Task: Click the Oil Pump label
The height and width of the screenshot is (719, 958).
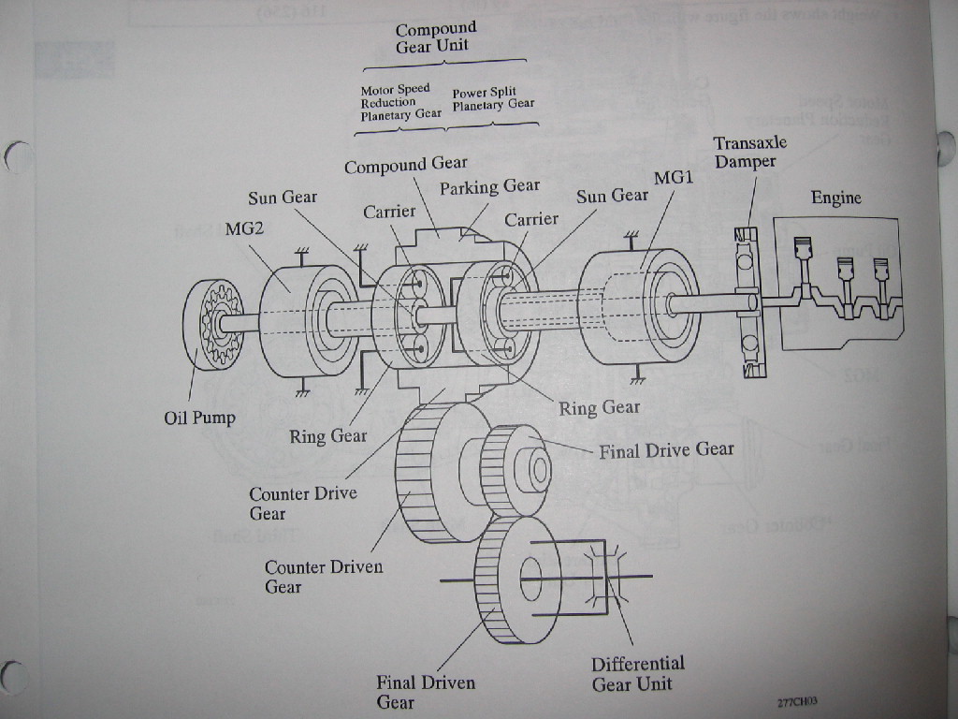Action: (x=199, y=418)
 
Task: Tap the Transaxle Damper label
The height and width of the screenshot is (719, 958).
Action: (x=749, y=152)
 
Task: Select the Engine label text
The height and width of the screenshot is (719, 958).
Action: (x=835, y=198)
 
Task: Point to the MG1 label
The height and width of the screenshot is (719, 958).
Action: (x=674, y=177)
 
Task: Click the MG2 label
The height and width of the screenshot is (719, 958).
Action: (x=243, y=228)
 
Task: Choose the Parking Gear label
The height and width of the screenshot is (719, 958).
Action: (x=489, y=187)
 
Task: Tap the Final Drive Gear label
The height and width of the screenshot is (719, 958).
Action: (x=666, y=450)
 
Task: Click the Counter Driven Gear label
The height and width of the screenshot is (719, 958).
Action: (x=323, y=577)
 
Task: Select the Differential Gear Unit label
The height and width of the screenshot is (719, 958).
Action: (x=637, y=673)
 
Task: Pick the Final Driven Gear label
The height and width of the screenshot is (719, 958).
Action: (x=425, y=692)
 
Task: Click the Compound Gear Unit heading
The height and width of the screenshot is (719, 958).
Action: (x=435, y=37)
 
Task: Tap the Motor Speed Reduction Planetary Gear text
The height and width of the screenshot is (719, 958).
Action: (x=400, y=102)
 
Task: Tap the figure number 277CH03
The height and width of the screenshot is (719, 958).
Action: (x=790, y=701)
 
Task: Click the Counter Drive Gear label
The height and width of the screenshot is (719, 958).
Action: (x=302, y=503)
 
